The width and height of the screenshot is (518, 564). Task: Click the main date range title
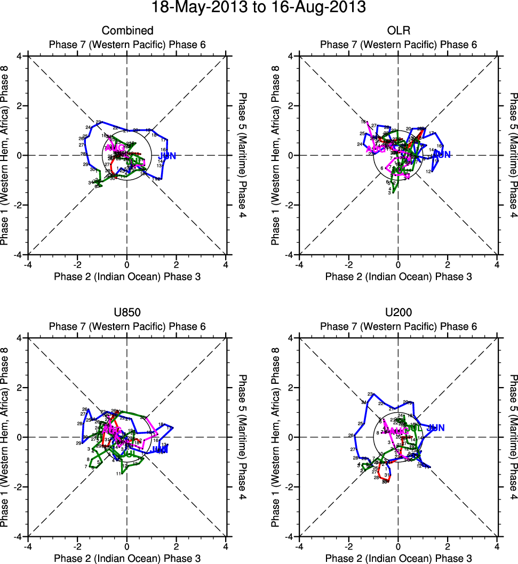point(259,9)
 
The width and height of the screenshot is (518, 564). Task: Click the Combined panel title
point(127,31)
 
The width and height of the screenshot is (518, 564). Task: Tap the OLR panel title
point(398,31)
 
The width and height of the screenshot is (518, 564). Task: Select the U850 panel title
point(127,313)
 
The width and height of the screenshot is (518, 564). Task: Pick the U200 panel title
point(398,313)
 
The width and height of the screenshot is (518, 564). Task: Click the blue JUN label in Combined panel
point(167,156)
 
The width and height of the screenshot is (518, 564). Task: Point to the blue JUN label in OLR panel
point(442,155)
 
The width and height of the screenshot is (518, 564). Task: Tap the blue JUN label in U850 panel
point(160,450)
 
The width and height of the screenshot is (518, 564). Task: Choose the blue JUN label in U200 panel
point(436,428)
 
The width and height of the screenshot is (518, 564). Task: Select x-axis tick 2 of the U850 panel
point(176,546)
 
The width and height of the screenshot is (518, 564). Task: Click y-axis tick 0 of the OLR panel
point(291,156)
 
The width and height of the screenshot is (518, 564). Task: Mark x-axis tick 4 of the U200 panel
point(497,546)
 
